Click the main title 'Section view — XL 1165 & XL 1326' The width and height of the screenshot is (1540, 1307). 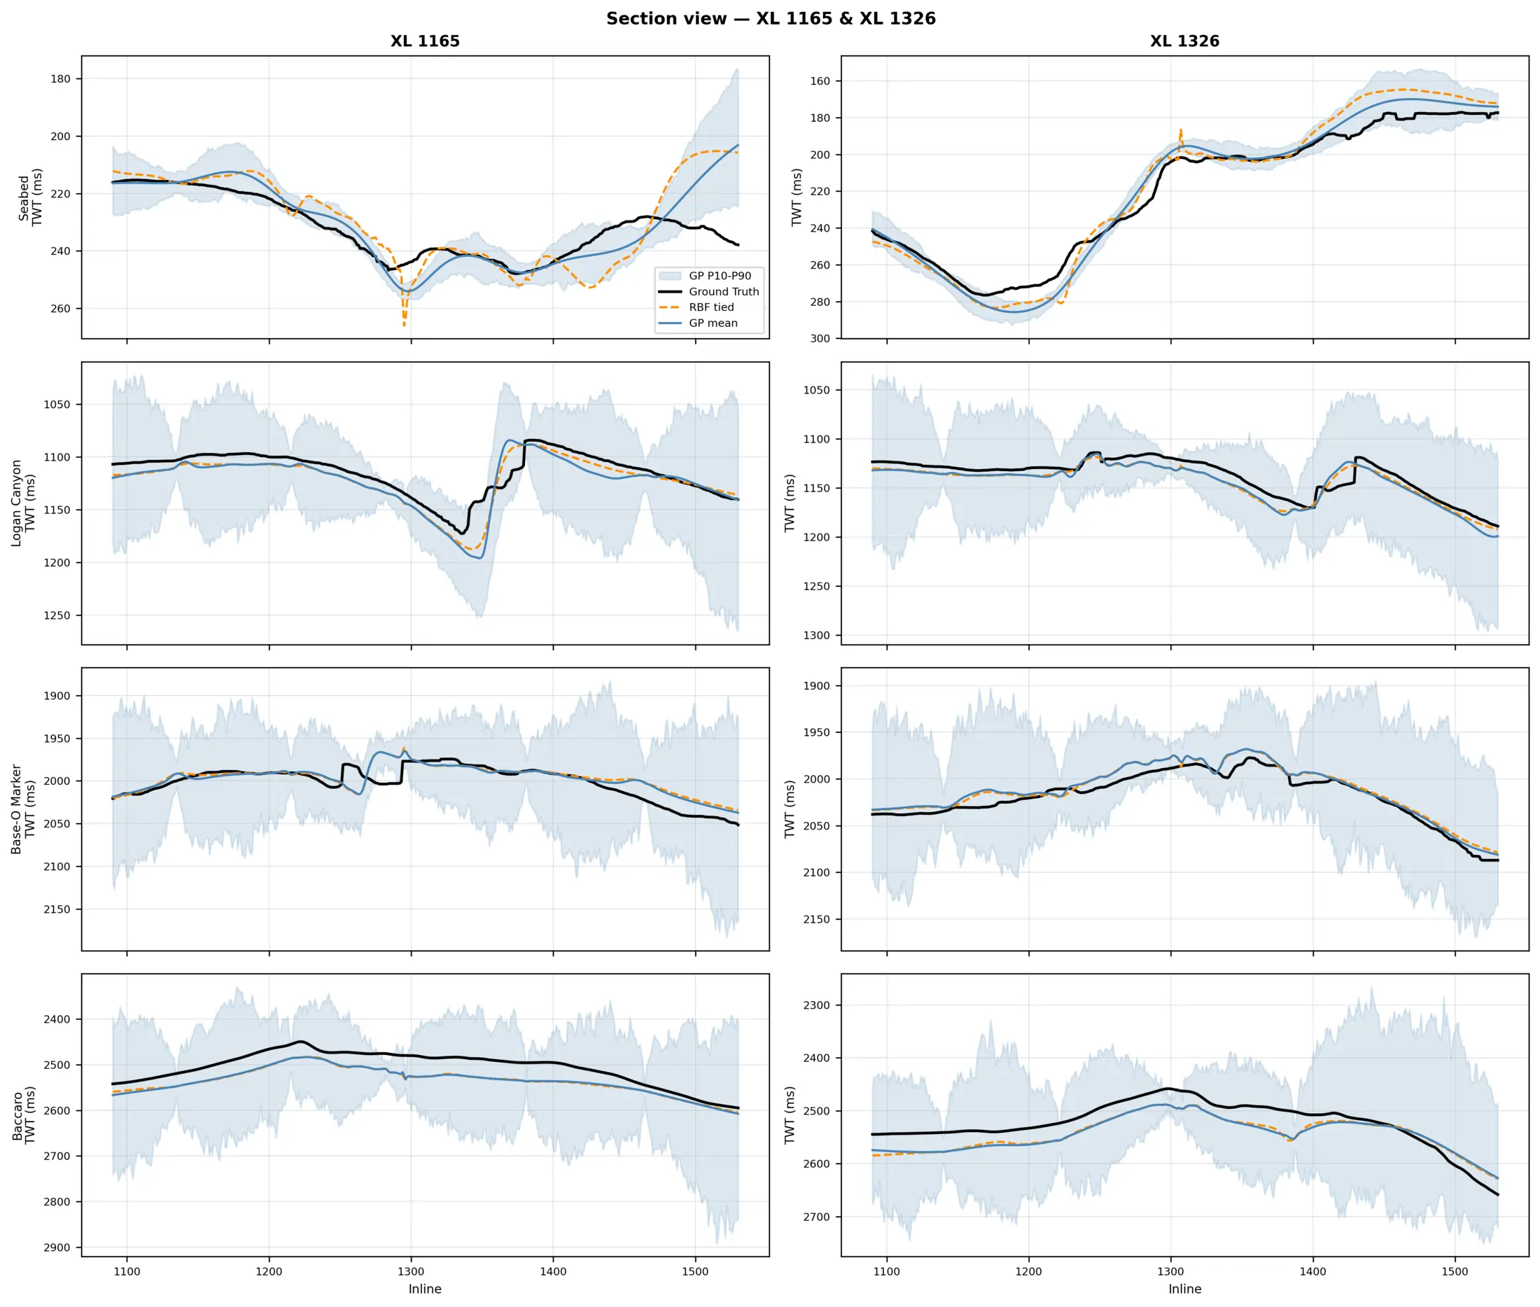[x=771, y=18]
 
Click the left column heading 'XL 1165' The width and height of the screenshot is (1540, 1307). [x=425, y=41]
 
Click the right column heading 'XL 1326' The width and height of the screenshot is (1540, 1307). [x=1184, y=41]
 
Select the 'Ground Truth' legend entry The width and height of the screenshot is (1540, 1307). [x=709, y=292]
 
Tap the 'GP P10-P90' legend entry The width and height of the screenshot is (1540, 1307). [x=704, y=276]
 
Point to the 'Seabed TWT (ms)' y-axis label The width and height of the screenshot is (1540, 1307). [x=30, y=197]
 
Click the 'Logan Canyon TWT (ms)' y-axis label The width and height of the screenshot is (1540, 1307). [x=23, y=503]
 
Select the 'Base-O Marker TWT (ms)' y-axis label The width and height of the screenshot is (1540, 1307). [x=23, y=809]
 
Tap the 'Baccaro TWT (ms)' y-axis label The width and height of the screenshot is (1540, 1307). [x=23, y=1115]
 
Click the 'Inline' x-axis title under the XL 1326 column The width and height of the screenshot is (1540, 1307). [x=1184, y=1289]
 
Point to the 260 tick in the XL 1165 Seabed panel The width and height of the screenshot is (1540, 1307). [x=61, y=309]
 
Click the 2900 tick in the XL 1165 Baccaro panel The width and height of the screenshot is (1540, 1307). [x=57, y=1247]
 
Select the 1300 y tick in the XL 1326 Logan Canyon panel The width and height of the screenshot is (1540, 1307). [x=817, y=636]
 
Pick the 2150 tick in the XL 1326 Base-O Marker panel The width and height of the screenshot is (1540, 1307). [x=817, y=919]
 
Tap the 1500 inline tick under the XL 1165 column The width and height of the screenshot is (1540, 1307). [x=695, y=1271]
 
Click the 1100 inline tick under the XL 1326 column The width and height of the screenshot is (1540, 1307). [x=886, y=1271]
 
